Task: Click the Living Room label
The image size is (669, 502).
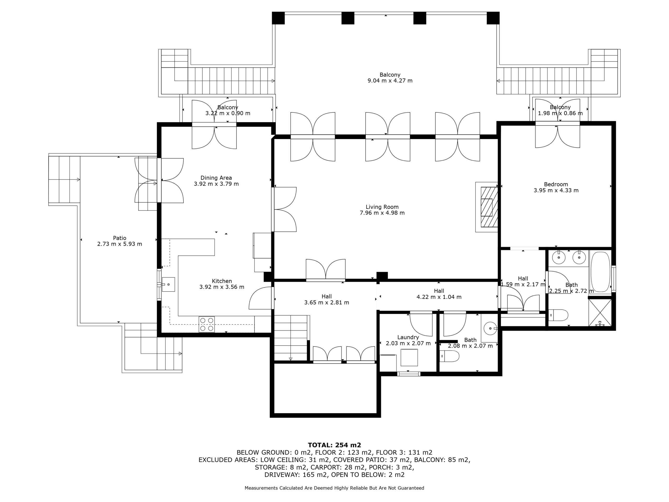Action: pyautogui.click(x=382, y=207)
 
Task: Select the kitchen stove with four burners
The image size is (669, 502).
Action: pyautogui.click(x=206, y=324)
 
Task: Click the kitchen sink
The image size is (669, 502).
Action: pyautogui.click(x=168, y=284)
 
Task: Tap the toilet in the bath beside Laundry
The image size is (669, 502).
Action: pyautogui.click(x=449, y=356)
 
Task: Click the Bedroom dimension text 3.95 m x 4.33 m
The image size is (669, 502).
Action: pyautogui.click(x=556, y=190)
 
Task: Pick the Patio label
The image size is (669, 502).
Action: pyautogui.click(x=119, y=238)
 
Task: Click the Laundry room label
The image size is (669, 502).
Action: pyautogui.click(x=408, y=337)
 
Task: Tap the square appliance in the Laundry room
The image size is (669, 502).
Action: pyautogui.click(x=409, y=357)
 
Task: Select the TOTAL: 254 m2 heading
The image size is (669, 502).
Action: pyautogui.click(x=334, y=445)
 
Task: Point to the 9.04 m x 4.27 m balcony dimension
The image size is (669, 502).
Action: pyautogui.click(x=390, y=81)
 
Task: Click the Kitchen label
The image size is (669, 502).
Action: pyautogui.click(x=222, y=281)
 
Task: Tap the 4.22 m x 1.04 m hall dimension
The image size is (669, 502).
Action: pyautogui.click(x=439, y=297)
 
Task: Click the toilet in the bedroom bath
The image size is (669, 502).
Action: pyautogui.click(x=558, y=315)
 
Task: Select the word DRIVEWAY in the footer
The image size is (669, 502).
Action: pyautogui.click(x=282, y=475)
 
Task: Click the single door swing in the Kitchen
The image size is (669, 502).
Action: pyautogui.click(x=260, y=298)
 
